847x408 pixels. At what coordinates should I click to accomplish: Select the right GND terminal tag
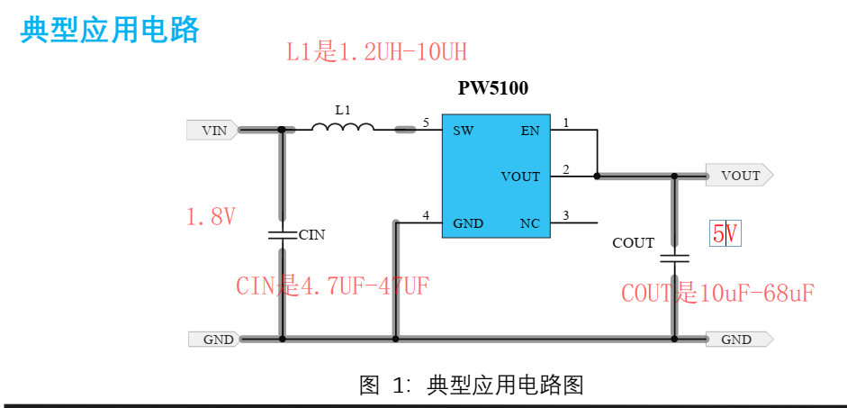pyautogui.click(x=739, y=340)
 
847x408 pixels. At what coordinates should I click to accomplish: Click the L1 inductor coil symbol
pyautogui.click(x=343, y=127)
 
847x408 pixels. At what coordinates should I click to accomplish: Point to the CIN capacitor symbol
pyautogui.click(x=282, y=234)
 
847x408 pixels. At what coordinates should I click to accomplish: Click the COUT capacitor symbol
pyautogui.click(x=674, y=258)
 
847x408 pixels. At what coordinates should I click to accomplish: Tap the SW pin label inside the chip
pyautogui.click(x=464, y=131)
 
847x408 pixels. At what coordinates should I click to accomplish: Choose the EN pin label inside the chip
pyautogui.click(x=530, y=131)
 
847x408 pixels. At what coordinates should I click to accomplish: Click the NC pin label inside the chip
pyautogui.click(x=530, y=222)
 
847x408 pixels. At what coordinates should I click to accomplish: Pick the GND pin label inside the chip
pyautogui.click(x=468, y=222)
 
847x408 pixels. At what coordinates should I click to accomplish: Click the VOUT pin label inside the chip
pyautogui.click(x=520, y=177)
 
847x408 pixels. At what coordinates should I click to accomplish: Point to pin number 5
pyautogui.click(x=426, y=122)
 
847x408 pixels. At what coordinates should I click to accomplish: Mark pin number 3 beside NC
pyautogui.click(x=565, y=214)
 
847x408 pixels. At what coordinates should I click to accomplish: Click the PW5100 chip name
pyautogui.click(x=492, y=88)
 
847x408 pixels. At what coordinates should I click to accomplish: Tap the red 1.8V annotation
pyautogui.click(x=211, y=217)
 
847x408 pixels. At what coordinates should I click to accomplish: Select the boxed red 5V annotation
pyautogui.click(x=725, y=234)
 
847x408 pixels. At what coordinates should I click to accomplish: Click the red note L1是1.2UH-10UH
pyautogui.click(x=376, y=51)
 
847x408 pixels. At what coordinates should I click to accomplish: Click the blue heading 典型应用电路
pyautogui.click(x=109, y=30)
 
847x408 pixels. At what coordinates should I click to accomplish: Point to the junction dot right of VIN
pyautogui.click(x=282, y=131)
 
